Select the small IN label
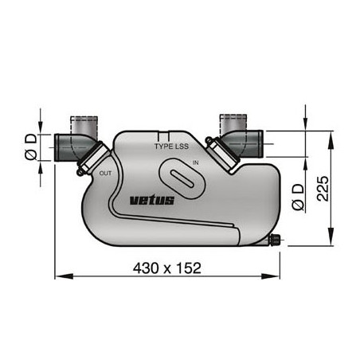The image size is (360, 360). pyautogui.click(x=195, y=162)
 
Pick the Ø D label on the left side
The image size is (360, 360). pyautogui.click(x=30, y=147)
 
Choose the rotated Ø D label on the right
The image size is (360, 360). pyautogui.click(x=296, y=194)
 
